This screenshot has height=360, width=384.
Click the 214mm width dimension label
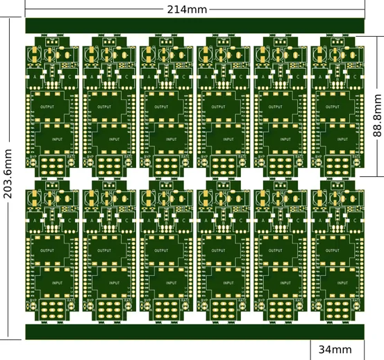pos(187,9)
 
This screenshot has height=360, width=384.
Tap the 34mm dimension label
pos(335,350)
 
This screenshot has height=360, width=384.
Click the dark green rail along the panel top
pos(194,26)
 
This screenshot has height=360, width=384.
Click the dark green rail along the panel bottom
pos(194,332)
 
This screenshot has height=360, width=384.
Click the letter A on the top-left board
pos(31,76)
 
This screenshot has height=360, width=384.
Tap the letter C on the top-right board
pos(356,76)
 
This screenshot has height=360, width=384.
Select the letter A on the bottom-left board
pos(31,220)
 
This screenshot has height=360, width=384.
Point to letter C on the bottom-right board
pos(356,220)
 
